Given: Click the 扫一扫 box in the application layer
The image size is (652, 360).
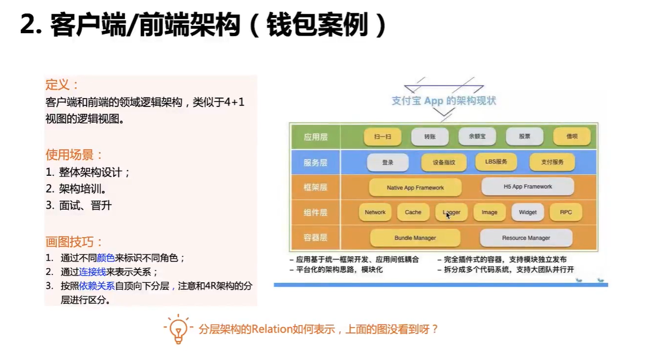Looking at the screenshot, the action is point(383,136).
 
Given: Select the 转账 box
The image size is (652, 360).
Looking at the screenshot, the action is point(430,136).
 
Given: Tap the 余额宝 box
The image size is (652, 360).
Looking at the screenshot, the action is point(477,136).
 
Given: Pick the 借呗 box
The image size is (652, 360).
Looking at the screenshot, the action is point(572,136).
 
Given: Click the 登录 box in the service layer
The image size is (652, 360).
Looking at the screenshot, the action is point(388,162).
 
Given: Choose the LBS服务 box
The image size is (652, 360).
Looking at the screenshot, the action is point(496,161).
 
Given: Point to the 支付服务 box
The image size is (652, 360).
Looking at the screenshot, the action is point(552,162).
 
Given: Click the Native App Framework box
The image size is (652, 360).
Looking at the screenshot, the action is point(415,188).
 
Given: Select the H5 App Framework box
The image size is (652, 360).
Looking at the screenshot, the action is point(527,186).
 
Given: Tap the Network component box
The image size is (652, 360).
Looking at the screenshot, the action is point(375,212).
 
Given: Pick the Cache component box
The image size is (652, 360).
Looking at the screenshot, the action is point(413,212).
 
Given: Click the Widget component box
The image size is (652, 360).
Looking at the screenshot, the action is point(527,212).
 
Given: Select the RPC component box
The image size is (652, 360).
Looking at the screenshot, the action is point(566,212).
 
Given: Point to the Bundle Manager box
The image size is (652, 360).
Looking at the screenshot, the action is point(415,238).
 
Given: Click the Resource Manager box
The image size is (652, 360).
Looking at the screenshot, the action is point(526,238).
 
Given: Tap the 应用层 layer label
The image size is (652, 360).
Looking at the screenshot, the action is point(315,137).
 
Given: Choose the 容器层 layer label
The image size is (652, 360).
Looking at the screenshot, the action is point(315,238).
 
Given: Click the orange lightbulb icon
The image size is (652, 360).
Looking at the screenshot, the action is point(179,329).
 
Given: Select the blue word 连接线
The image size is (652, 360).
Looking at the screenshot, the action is point(92,272).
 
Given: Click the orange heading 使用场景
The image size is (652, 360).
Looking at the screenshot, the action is point(69,154).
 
